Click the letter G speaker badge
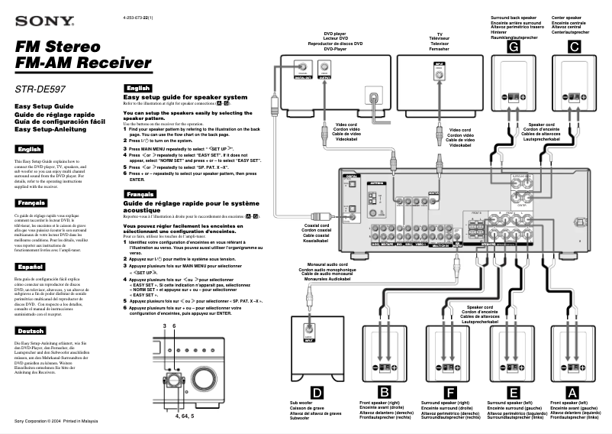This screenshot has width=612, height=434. [514, 47]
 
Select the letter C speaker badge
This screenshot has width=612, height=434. [575, 47]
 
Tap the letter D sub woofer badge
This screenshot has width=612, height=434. [318, 392]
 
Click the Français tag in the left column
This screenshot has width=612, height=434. [31, 203]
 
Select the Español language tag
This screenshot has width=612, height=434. [30, 267]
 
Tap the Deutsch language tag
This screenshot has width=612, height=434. [30, 332]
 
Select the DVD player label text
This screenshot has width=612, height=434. [334, 34]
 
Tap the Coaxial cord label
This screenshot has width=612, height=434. [315, 225]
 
